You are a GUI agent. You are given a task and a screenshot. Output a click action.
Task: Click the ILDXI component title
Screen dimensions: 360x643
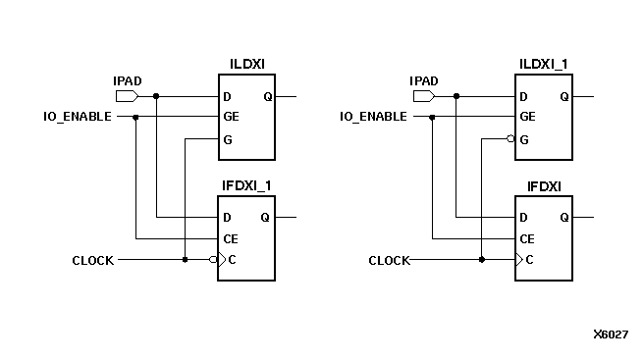click(246, 65)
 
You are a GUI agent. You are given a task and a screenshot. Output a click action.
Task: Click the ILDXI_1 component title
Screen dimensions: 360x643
click(545, 65)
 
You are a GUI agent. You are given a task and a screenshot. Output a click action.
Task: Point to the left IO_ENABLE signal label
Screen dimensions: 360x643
click(78, 117)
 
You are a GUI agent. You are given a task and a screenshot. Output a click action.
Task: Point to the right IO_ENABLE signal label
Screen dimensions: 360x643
click(374, 117)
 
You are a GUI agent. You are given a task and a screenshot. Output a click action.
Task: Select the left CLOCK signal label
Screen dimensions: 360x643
click(93, 261)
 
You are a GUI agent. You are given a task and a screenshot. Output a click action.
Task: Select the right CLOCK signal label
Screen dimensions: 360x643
click(389, 261)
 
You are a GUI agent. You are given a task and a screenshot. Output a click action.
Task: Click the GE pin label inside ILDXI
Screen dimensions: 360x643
click(230, 117)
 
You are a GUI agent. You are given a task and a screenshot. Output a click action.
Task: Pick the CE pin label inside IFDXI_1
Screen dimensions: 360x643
click(230, 238)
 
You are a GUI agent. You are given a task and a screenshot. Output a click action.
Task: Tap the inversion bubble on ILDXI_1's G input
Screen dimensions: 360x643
click(510, 139)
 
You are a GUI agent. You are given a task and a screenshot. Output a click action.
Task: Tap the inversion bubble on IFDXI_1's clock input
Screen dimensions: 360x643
click(213, 260)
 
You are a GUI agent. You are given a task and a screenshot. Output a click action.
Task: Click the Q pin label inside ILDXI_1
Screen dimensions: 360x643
click(563, 96)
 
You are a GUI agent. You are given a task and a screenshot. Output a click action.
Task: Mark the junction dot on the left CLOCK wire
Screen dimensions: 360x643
click(185, 260)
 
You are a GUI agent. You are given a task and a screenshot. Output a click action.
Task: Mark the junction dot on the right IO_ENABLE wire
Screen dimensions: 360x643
click(433, 117)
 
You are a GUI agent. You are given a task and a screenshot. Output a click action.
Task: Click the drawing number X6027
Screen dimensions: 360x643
click(610, 334)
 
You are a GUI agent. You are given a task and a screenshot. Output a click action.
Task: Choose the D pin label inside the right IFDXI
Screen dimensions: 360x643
click(523, 217)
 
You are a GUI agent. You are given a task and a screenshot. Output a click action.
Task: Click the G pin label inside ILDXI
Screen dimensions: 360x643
click(227, 139)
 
